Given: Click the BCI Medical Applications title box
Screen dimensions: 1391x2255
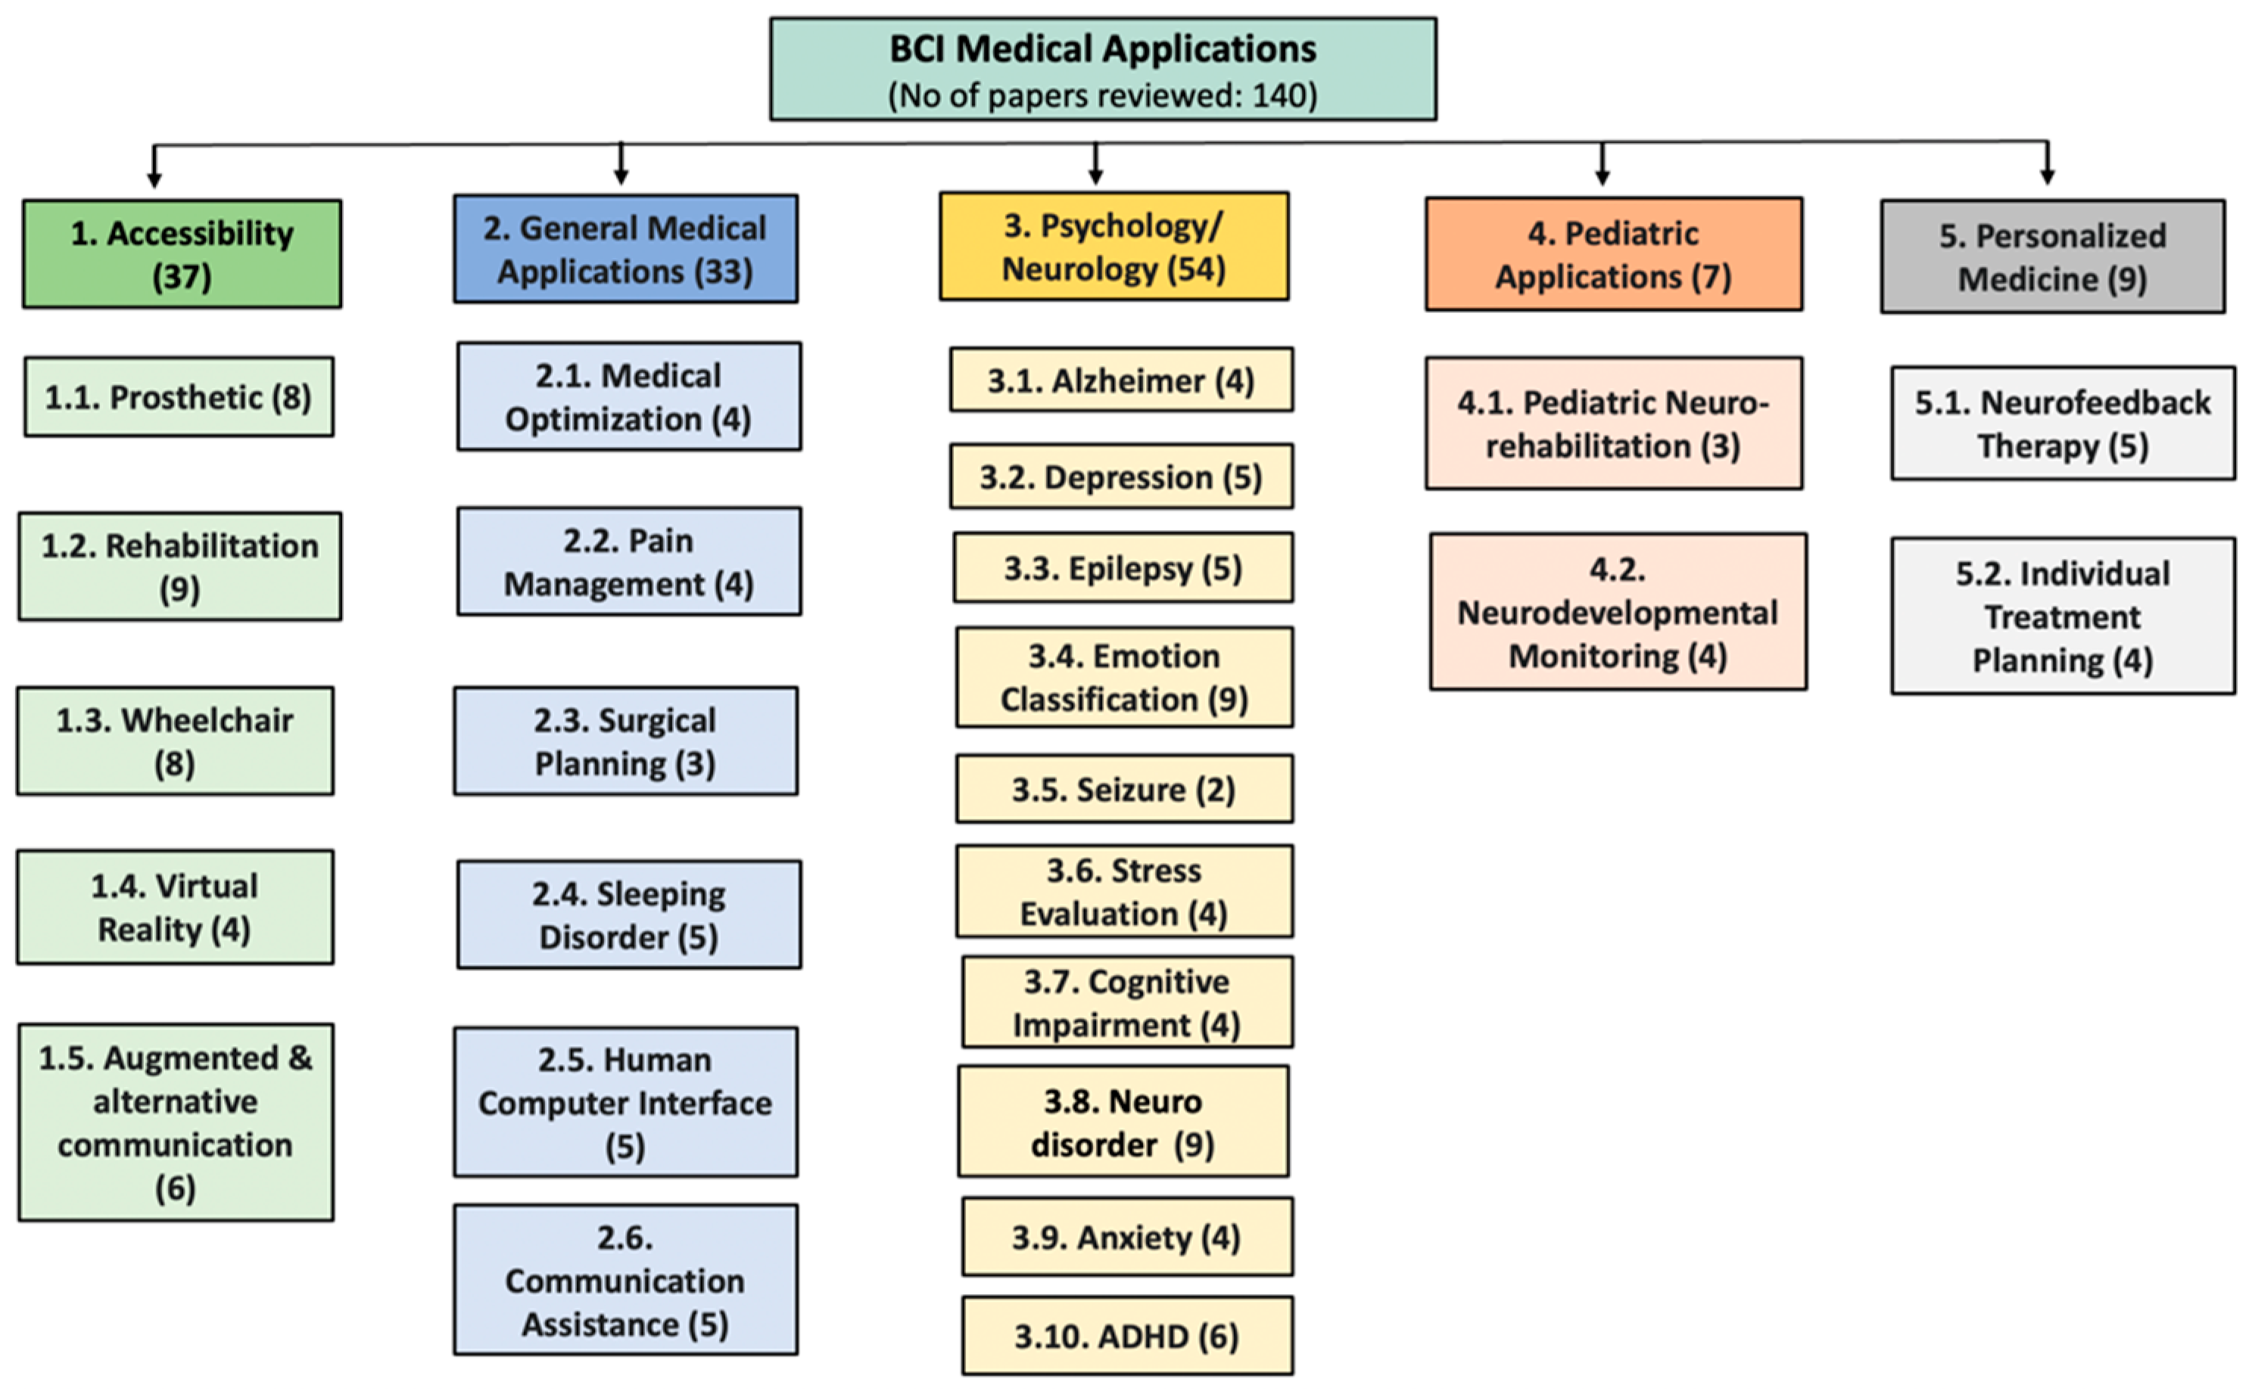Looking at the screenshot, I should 1103,69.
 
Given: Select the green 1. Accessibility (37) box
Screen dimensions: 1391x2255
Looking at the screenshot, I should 182,254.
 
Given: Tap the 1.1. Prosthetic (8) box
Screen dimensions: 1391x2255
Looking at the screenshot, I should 179,396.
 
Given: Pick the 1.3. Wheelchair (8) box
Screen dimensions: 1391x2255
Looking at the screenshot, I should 175,741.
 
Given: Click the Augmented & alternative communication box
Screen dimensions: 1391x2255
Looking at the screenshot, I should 175,1122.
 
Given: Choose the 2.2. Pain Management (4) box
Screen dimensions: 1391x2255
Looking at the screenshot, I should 628,561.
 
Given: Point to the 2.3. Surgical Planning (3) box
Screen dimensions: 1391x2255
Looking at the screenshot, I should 625,741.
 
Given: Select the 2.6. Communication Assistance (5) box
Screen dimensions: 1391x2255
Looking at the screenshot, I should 625,1280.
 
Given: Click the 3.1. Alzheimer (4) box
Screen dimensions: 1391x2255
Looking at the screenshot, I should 1121,380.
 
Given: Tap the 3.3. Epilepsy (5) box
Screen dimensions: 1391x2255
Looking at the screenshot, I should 1123,567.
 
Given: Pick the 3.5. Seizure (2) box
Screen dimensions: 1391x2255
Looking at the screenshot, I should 1124,790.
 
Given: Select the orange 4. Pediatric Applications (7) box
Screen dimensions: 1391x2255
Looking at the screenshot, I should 1614,254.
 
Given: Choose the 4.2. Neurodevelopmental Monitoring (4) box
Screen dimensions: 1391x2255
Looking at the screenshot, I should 1617,612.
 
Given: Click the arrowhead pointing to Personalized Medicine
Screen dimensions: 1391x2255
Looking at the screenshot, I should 2047,177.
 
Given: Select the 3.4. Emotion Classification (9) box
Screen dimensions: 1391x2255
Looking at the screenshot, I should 1124,677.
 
